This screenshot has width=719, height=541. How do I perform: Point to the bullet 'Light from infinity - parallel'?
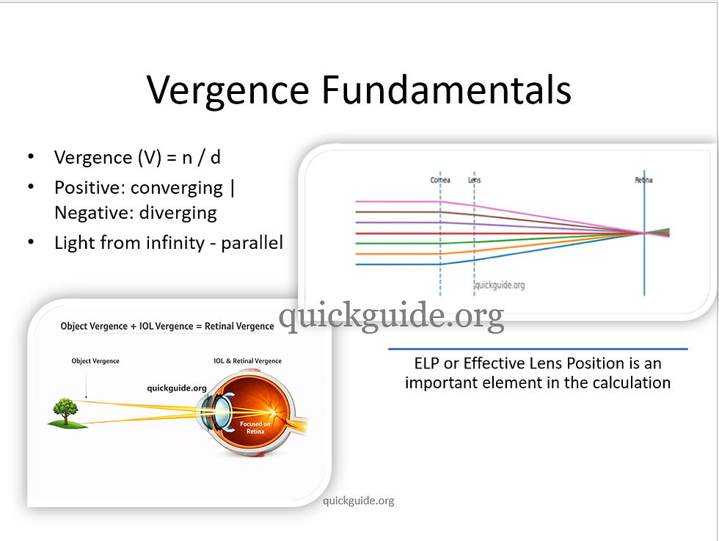[168, 243]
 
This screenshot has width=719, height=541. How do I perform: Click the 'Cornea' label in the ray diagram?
[440, 180]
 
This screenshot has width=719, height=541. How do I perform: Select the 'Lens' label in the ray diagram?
[474, 180]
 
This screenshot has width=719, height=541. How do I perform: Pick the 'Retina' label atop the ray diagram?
[643, 180]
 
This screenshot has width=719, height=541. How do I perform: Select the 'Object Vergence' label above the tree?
[95, 361]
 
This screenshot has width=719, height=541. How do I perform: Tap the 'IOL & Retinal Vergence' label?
[247, 361]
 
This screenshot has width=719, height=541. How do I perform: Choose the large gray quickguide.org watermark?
[391, 316]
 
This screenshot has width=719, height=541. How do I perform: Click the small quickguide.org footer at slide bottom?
[359, 501]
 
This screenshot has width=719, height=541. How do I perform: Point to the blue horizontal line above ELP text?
[537, 349]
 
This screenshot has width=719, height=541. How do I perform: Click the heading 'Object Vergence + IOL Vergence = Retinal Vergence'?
[167, 326]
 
